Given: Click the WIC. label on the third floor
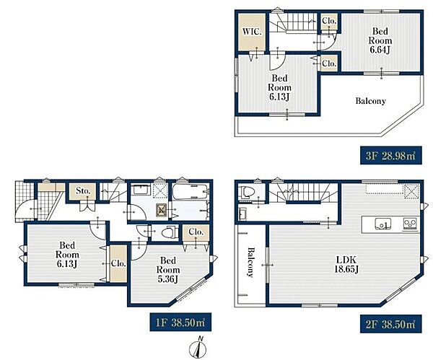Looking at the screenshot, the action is tap(252, 32).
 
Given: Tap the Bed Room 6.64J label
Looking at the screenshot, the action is tap(380, 40).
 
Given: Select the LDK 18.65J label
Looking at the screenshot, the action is tap(346, 264).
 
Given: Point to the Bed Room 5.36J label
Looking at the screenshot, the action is tap(168, 270).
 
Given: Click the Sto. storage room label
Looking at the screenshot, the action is tap(83, 190).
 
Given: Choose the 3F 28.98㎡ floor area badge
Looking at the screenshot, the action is tap(390, 155).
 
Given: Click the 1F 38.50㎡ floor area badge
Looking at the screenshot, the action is tap(180, 322).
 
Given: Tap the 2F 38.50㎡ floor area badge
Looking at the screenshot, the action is tap(390, 324).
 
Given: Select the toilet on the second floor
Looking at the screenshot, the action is tap(245, 193).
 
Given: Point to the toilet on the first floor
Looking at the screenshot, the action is tap(169, 232).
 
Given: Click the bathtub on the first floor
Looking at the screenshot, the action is tap(191, 191).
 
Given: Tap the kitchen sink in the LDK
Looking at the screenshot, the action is tap(382, 224).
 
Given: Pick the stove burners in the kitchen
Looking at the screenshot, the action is tap(411, 223).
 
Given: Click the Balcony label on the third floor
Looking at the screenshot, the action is tap(370, 101).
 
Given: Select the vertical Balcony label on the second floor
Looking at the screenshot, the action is tap(250, 262).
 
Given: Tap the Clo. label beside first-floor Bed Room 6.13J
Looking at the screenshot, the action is tap(118, 263).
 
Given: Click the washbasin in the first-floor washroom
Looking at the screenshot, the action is tap(141, 190).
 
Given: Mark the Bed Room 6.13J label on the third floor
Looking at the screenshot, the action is tap(279, 87).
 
